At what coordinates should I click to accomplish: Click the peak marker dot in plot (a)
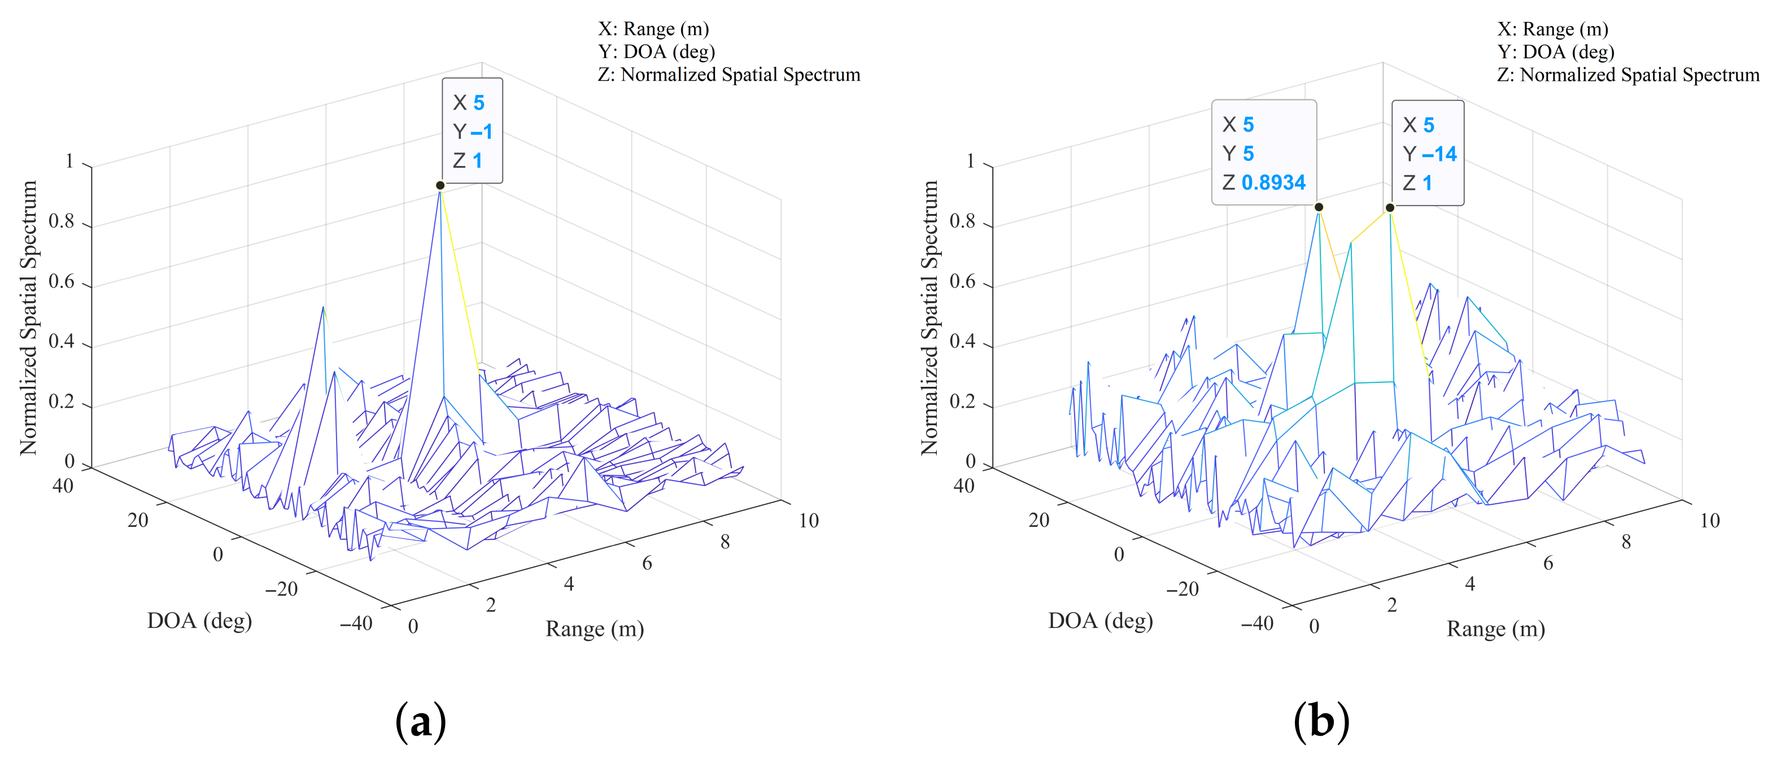(x=440, y=185)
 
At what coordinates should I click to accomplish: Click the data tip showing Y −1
(x=472, y=131)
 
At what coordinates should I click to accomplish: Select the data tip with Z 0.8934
(x=1263, y=154)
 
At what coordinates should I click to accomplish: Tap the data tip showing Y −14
(x=1428, y=154)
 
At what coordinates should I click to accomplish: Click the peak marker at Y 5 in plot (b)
(x=1319, y=207)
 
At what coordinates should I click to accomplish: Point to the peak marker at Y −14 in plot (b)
(x=1390, y=208)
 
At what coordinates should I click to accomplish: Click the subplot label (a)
(x=420, y=722)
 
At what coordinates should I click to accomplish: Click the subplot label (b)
(x=1321, y=722)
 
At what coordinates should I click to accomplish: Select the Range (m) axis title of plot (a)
(x=595, y=629)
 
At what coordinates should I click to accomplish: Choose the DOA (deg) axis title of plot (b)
(x=1100, y=620)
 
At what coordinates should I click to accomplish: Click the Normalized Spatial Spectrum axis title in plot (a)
(x=28, y=317)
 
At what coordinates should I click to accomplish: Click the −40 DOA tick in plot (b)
(x=1257, y=623)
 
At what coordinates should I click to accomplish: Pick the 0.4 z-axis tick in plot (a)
(x=61, y=342)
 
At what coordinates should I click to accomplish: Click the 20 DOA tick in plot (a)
(x=138, y=519)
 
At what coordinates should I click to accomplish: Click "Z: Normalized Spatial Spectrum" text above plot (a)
(x=728, y=75)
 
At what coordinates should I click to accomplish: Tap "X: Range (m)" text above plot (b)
(x=1553, y=29)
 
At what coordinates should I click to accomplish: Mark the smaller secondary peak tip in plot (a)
(x=323, y=307)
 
